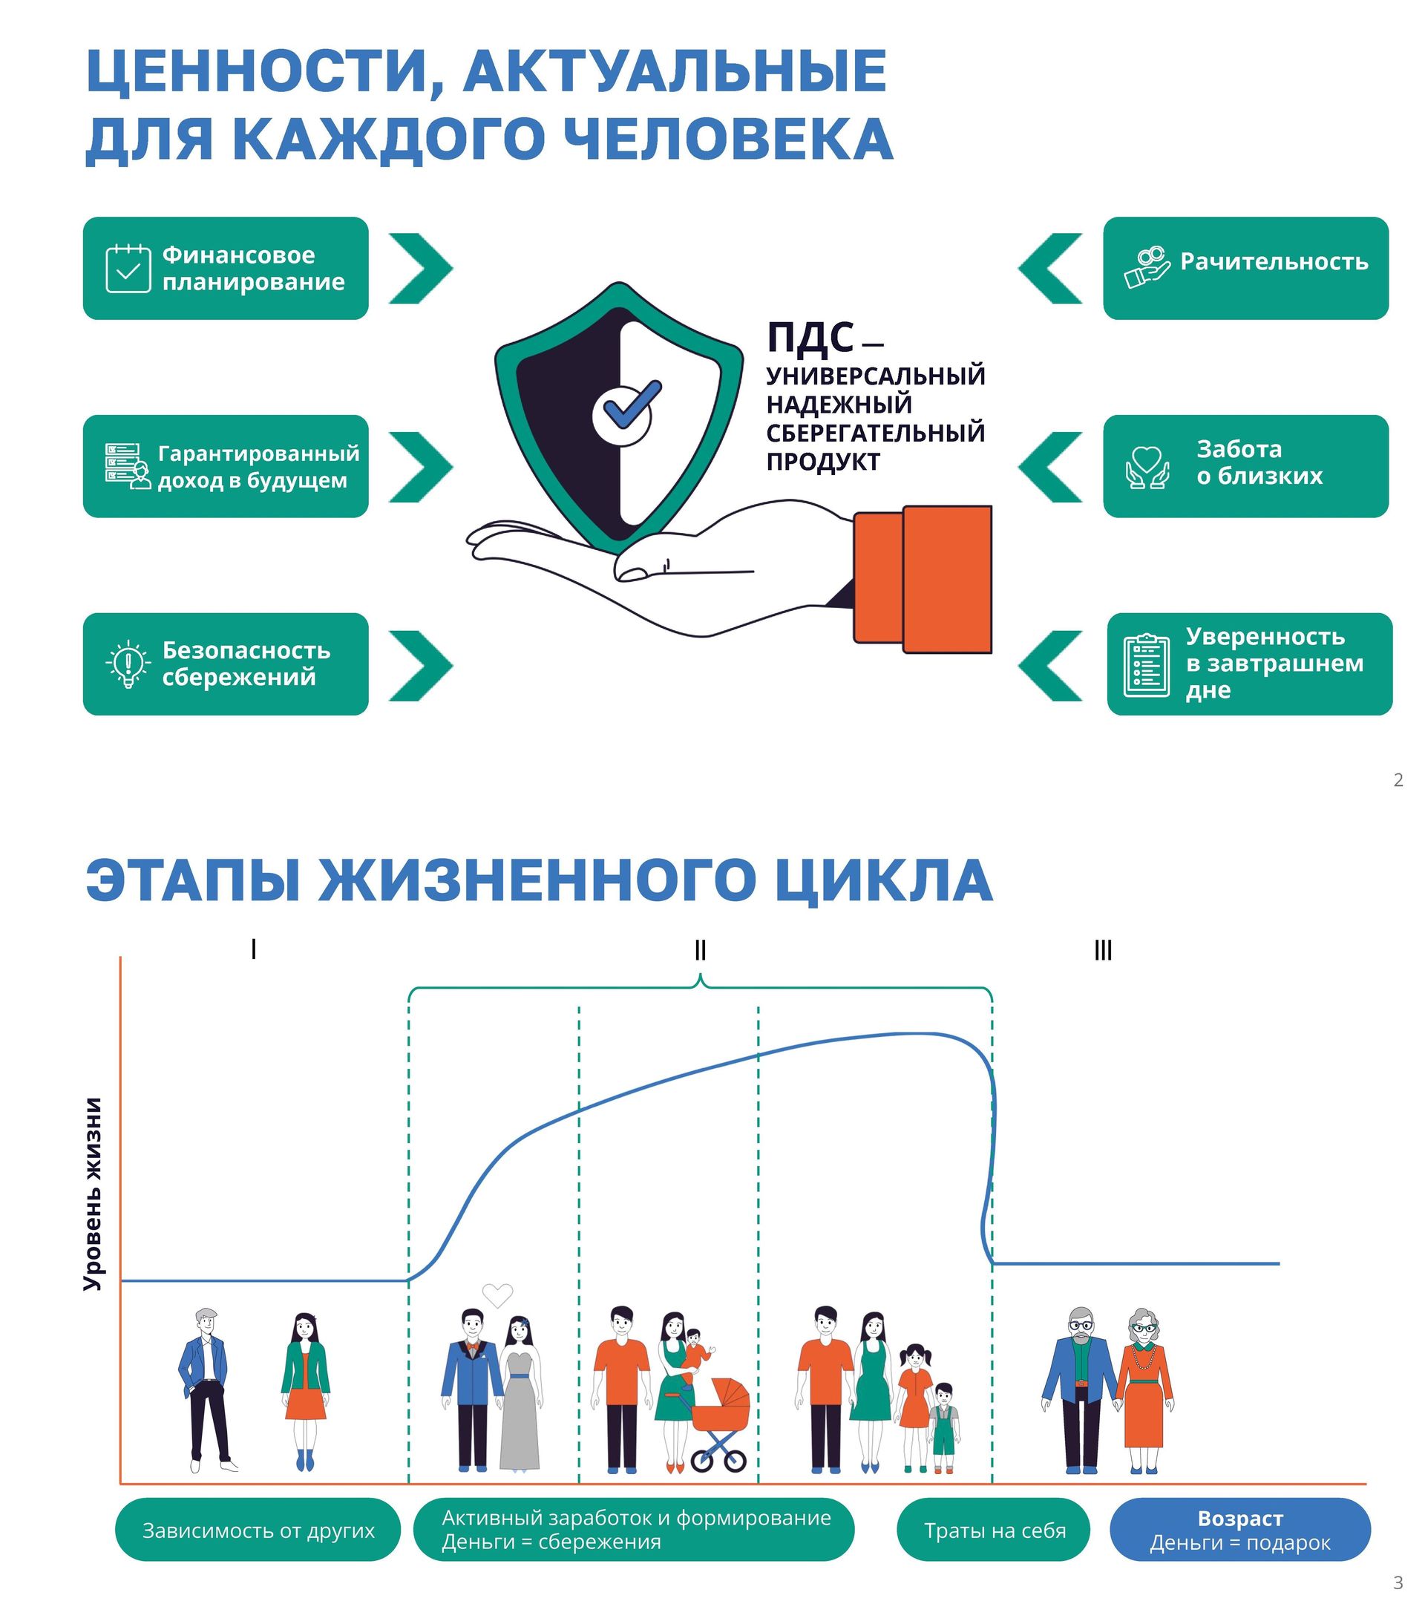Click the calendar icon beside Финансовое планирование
[x=128, y=269]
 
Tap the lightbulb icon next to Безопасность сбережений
[x=128, y=664]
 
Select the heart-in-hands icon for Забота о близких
[x=1147, y=468]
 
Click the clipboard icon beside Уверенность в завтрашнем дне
[x=1146, y=664]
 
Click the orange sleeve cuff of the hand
[x=923, y=578]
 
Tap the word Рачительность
[x=1274, y=261]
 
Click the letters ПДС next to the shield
[x=810, y=338]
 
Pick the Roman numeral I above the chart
[x=253, y=949]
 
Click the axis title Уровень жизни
[x=94, y=1193]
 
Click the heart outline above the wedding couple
[x=497, y=1294]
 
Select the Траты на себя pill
[x=995, y=1531]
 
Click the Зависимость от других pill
[x=258, y=1531]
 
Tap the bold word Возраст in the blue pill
[x=1239, y=1519]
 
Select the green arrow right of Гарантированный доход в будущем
[x=421, y=467]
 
